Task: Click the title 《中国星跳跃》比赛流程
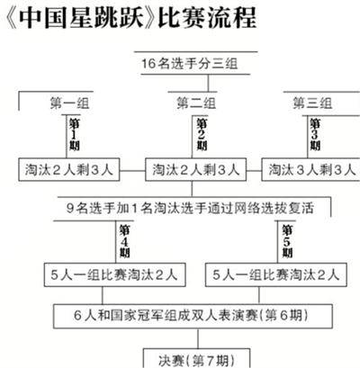click(131, 18)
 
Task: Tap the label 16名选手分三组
click(190, 63)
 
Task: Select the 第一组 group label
click(69, 103)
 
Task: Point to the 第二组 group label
click(196, 103)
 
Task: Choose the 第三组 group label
click(312, 103)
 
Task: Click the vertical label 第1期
click(74, 134)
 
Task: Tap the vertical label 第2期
click(202, 134)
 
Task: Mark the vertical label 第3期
click(315, 134)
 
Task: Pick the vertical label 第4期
click(124, 241)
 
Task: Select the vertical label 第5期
click(287, 241)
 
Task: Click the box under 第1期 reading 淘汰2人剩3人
click(69, 170)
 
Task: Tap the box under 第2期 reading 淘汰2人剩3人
click(196, 170)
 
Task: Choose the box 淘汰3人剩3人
click(310, 170)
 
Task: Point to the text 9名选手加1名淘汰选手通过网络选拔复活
click(190, 208)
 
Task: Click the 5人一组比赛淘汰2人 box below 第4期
click(115, 274)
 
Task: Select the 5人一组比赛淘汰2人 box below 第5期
click(276, 274)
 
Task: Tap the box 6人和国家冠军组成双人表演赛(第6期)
click(193, 316)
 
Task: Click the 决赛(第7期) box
click(196, 358)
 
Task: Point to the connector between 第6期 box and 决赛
click(198, 338)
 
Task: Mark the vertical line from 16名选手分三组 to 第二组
click(208, 83)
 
